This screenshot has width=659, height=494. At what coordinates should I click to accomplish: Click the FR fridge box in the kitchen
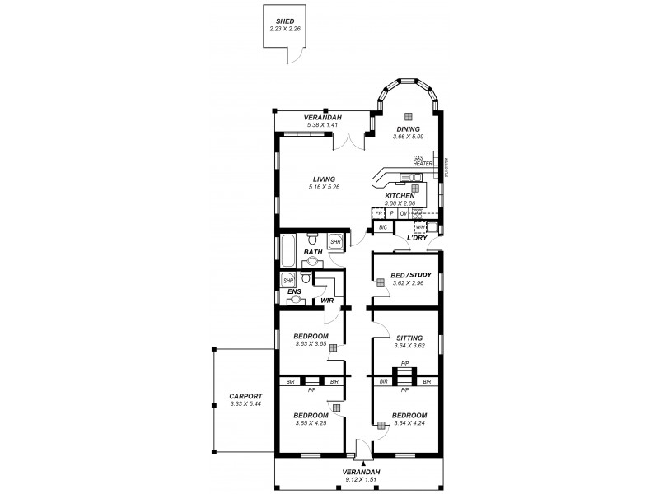[380, 213]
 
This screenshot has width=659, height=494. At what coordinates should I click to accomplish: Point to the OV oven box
[404, 213]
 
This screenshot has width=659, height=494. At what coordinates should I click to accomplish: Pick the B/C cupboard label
[383, 226]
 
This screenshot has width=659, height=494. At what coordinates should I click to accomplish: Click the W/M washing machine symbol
[419, 226]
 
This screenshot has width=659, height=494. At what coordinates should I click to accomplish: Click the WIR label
[327, 301]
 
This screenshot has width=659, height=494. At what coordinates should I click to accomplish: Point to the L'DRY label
[417, 239]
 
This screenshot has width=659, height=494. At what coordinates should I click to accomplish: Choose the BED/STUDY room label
[404, 275]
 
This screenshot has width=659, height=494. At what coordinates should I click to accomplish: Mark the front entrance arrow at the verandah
[363, 464]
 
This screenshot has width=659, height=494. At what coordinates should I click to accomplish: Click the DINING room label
[408, 129]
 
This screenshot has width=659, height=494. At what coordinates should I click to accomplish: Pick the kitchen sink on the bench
[409, 177]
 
